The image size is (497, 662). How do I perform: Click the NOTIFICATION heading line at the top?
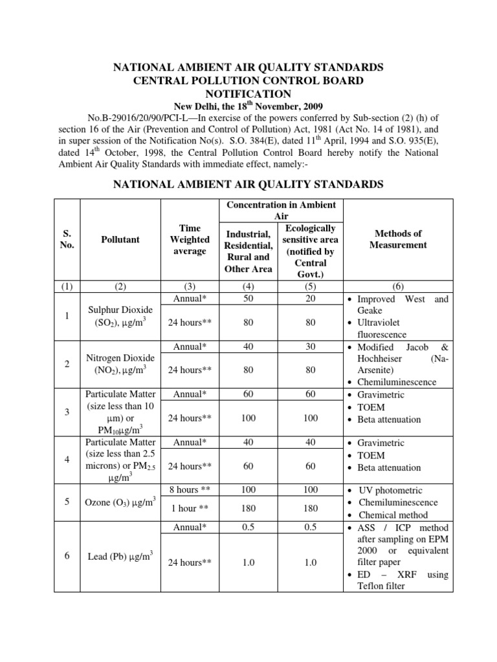pos(248,93)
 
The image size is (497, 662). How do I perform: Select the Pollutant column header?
pos(120,239)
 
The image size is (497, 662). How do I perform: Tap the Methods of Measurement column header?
pos(398,239)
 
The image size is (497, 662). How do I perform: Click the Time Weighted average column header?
pos(190,239)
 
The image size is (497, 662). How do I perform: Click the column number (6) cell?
pos(398,286)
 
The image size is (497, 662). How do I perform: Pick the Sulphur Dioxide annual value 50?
pos(248,299)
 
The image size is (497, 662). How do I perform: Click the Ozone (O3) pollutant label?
pos(120,502)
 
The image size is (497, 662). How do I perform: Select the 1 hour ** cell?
pos(190,509)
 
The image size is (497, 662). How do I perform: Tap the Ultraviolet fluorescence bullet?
pos(388,328)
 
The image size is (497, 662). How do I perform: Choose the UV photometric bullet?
pos(389,491)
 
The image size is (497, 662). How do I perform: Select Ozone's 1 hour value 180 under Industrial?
pos(248,509)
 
